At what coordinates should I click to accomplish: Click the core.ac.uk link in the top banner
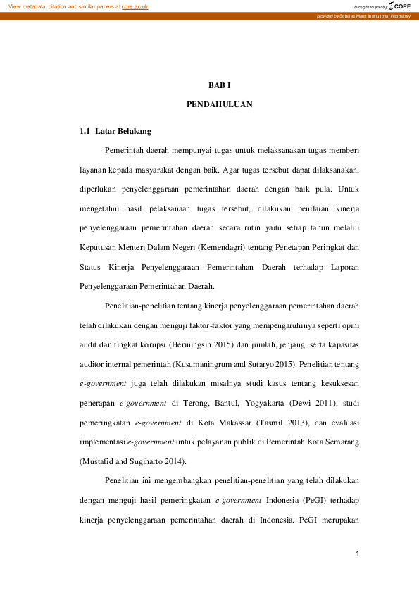(135, 6)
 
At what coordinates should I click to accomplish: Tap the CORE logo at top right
(399, 6)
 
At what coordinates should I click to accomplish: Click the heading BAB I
(219, 85)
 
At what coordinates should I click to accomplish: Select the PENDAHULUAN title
(219, 104)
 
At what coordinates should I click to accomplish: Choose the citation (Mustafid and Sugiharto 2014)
(132, 462)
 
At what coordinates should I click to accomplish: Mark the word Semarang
(342, 442)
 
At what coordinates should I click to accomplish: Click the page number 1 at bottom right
(358, 554)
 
